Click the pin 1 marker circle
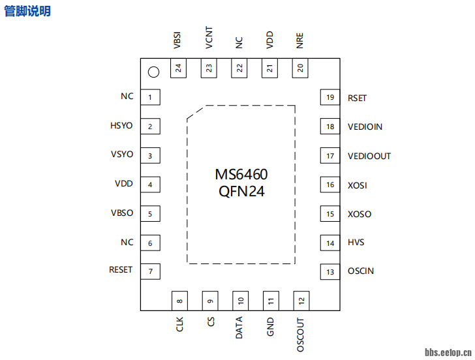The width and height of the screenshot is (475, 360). click(153, 72)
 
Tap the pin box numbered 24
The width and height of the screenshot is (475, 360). click(178, 68)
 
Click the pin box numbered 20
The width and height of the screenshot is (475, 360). click(300, 68)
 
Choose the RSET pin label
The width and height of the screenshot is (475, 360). click(357, 98)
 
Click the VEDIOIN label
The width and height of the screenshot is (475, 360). click(365, 127)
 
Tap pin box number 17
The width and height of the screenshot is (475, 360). click(330, 156)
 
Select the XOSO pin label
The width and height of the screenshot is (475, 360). click(360, 215)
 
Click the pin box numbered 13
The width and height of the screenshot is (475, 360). click(330, 272)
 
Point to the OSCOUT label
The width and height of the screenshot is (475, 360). click(300, 335)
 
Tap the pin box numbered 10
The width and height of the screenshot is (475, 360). click(240, 301)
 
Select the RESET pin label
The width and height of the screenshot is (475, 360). click(121, 270)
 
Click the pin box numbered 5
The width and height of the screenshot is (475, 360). click(151, 214)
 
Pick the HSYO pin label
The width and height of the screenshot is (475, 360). click(122, 127)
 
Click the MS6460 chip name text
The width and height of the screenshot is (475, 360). click(241, 175)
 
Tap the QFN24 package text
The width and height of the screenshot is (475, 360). click(241, 192)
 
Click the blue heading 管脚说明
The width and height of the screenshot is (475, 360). click(27, 11)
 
